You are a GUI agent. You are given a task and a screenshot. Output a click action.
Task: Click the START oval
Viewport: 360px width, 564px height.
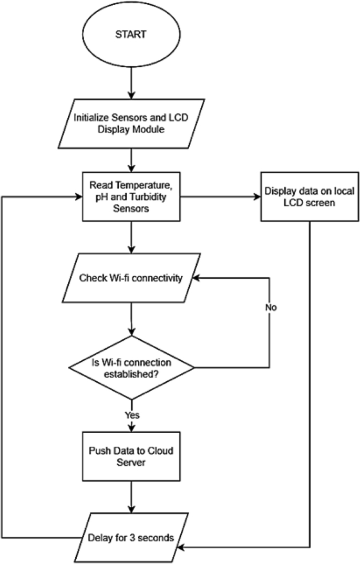click(x=131, y=36)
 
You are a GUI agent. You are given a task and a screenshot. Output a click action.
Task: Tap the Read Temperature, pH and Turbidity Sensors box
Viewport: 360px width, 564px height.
click(x=131, y=198)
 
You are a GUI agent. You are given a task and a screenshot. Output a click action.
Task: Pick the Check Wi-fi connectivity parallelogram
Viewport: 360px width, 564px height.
click(x=131, y=278)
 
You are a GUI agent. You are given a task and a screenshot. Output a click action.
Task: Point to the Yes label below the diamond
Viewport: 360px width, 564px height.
click(x=132, y=415)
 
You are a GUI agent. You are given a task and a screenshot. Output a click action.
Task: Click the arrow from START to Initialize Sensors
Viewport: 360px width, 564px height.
click(x=131, y=84)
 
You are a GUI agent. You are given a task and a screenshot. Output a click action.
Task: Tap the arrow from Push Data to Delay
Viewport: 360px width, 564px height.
click(x=131, y=496)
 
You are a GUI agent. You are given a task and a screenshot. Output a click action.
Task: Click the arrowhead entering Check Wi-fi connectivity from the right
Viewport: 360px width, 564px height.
click(x=195, y=278)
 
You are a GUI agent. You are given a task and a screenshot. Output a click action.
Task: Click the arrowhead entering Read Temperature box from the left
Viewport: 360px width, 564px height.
click(x=78, y=198)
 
